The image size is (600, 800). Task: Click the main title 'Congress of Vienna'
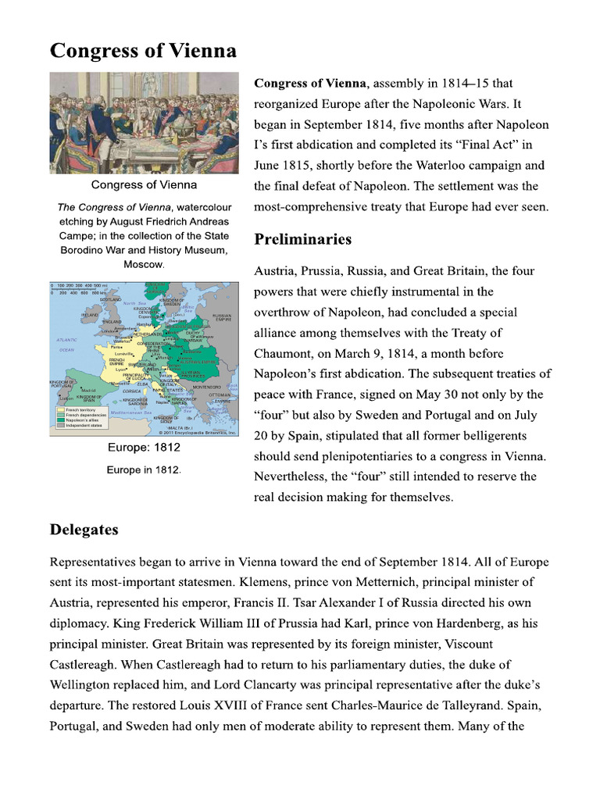point(143,52)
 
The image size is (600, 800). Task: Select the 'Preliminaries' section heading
point(302,239)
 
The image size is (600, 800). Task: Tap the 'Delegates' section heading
point(84,530)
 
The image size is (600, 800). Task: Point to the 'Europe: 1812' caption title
point(144,448)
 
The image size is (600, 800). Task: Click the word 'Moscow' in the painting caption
point(144,264)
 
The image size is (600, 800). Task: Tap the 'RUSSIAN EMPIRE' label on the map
point(222,318)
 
